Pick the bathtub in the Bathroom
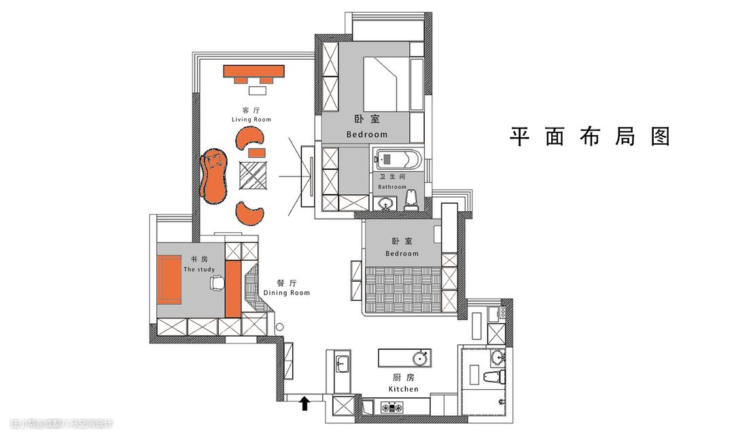point(400,160)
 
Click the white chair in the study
point(217,284)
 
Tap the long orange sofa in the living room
point(214,176)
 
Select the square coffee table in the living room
point(254,175)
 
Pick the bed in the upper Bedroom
point(387,84)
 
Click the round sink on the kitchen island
point(420,359)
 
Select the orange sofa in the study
point(169,280)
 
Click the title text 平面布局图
point(590,136)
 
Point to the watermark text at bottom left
point(61,424)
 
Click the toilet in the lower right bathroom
point(494,376)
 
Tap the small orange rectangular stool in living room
point(256,153)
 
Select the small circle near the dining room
point(280,327)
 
